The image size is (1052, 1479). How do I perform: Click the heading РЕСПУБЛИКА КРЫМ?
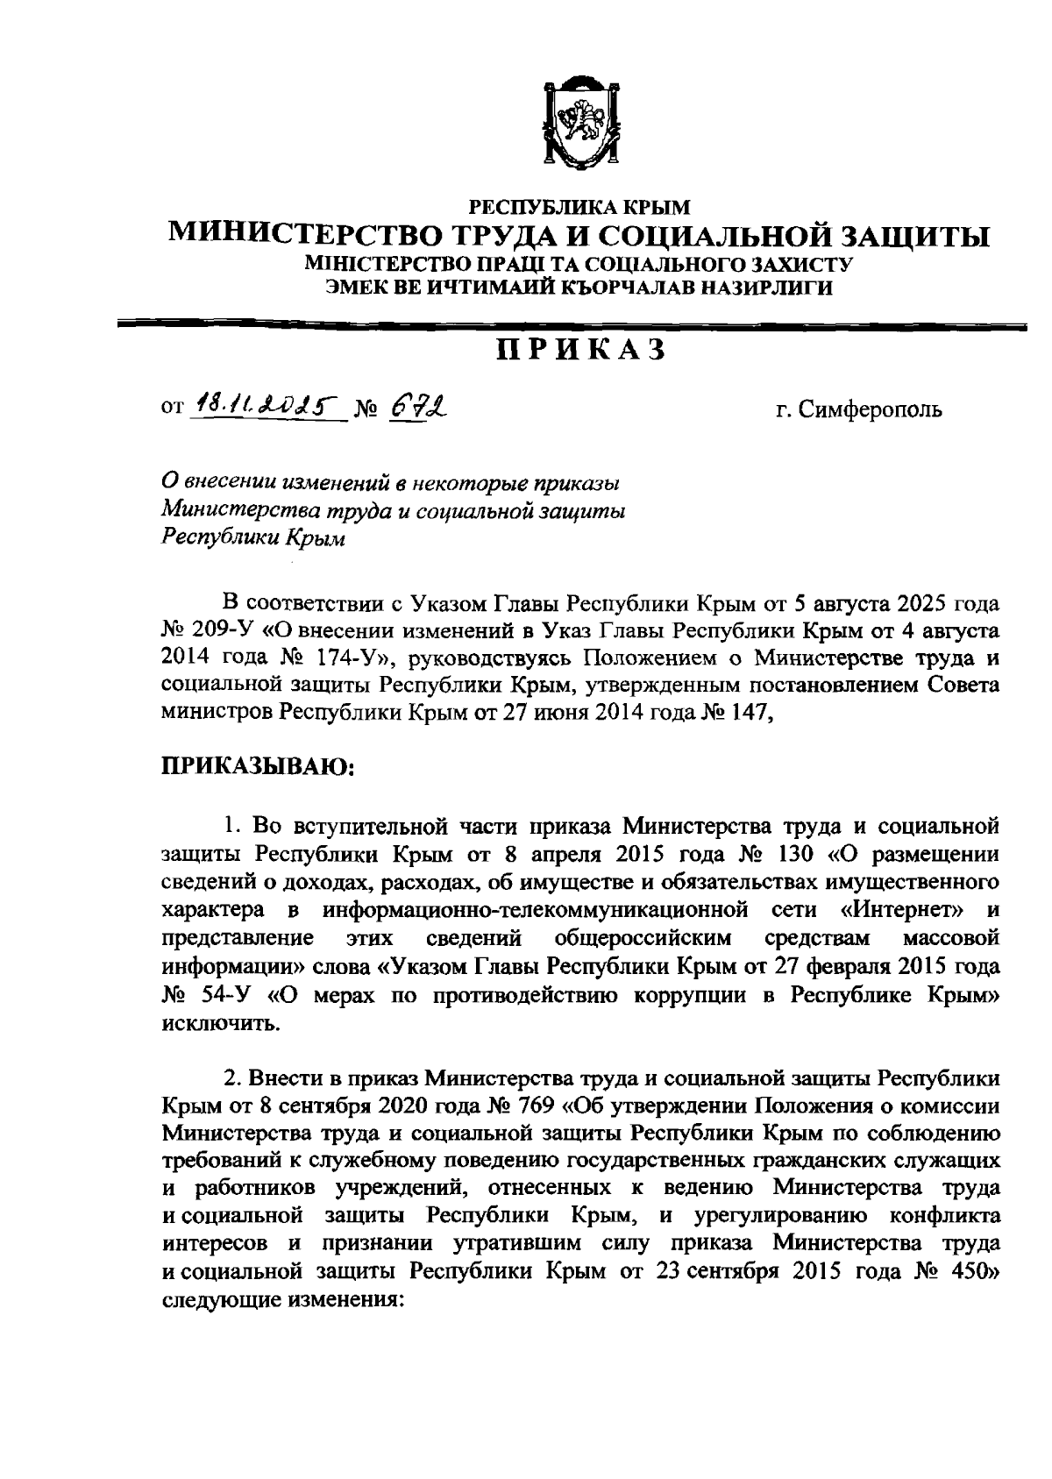tap(581, 208)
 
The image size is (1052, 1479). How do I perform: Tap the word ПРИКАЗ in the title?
tap(581, 350)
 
